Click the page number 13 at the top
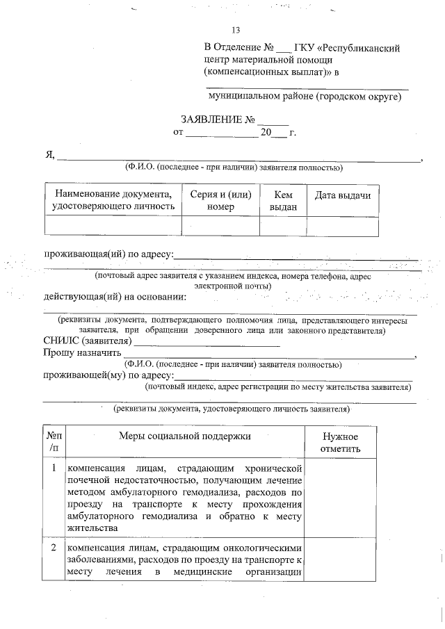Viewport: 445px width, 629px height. click(236, 30)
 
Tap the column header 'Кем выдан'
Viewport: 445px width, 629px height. click(283, 201)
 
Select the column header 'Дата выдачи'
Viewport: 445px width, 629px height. click(343, 195)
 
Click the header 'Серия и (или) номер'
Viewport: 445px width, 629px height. click(220, 201)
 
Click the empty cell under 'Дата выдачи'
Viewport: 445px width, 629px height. click(343, 227)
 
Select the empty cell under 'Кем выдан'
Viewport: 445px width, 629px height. click(283, 227)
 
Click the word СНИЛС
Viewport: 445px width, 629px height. click(60, 341)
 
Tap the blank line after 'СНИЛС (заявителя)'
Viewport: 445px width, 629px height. click(207, 343)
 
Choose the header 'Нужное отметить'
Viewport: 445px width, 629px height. click(340, 443)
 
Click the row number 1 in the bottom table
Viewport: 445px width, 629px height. click(54, 468)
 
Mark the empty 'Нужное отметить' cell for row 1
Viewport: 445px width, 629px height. click(340, 497)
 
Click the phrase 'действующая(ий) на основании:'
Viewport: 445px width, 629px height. click(115, 297)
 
